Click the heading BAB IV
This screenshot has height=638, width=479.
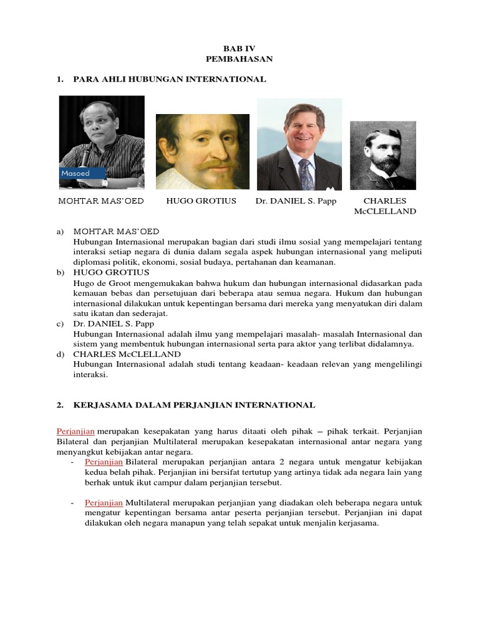click(x=239, y=48)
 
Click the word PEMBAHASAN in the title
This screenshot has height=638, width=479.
click(x=239, y=59)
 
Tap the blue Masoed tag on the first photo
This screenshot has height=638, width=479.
click(x=78, y=173)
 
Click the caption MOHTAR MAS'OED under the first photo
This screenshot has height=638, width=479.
click(x=101, y=201)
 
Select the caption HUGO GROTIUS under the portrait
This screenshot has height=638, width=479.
click(x=201, y=201)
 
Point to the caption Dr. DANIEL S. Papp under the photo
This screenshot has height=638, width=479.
click(x=296, y=201)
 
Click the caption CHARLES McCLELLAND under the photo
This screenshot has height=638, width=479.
click(x=384, y=206)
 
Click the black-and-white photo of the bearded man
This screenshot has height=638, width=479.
click(x=382, y=155)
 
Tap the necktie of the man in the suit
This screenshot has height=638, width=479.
click(x=306, y=174)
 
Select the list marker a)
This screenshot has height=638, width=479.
click(x=60, y=232)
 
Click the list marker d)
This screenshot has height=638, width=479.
click(x=60, y=354)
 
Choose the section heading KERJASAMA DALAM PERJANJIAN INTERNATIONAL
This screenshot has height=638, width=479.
click(x=194, y=405)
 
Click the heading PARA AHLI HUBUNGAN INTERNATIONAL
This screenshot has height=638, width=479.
click(x=170, y=79)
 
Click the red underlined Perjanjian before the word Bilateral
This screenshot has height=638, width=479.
click(x=104, y=462)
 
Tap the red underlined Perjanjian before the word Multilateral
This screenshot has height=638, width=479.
click(x=104, y=502)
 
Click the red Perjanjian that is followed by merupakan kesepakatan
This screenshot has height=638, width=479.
click(x=75, y=431)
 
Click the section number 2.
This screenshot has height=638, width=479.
click(x=60, y=405)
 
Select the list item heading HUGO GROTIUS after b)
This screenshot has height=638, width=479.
click(x=112, y=272)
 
